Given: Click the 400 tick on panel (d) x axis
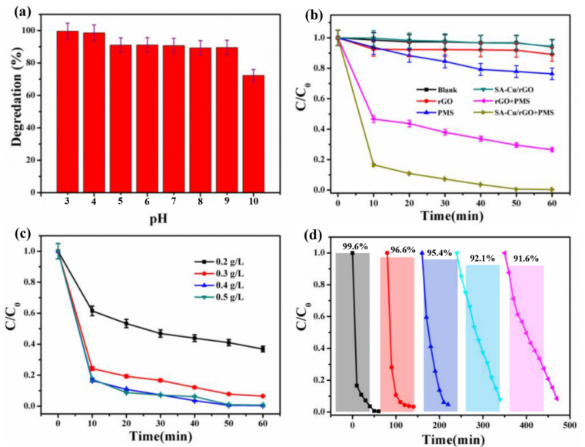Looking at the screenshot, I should (x=526, y=422).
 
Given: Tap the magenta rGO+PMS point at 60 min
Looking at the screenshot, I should (x=551, y=149).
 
